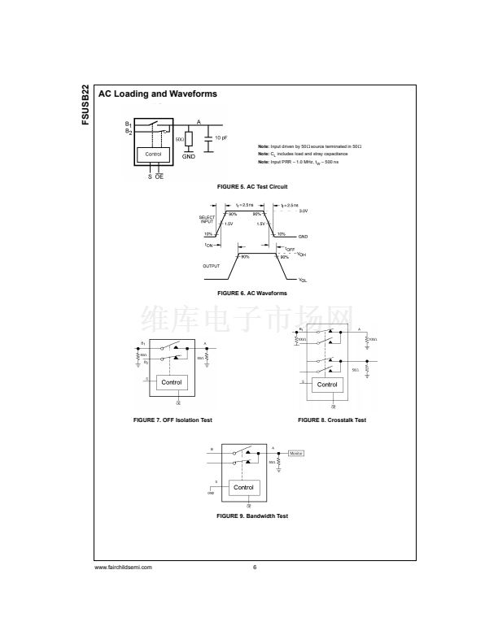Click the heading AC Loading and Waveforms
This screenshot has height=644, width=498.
158,94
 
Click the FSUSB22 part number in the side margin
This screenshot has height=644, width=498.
86,105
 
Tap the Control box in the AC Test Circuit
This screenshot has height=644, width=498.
153,154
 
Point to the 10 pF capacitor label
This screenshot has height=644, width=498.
221,138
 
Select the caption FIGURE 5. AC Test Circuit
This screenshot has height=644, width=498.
251,186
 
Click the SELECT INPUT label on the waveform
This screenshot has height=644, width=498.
208,220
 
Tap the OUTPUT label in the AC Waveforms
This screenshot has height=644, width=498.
211,266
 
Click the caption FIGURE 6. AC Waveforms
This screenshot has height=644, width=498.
251,292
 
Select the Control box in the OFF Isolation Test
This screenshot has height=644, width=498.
172,382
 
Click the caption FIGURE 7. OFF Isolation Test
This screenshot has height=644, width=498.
173,420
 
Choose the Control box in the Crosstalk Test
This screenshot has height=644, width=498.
327,385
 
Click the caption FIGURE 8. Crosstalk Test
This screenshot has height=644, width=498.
332,420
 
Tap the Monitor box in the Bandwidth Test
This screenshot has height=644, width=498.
296,453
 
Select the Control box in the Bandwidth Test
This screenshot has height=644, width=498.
243,487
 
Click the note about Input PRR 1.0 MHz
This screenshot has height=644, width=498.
308,161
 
